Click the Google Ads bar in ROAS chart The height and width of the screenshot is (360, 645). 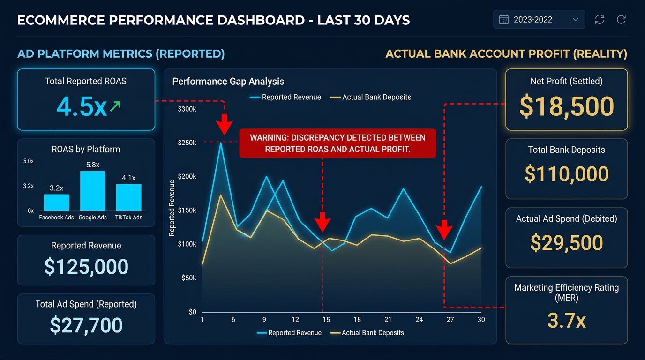(x=93, y=191)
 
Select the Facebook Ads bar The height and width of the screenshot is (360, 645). (x=57, y=202)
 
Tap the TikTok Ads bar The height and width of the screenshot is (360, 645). (x=129, y=197)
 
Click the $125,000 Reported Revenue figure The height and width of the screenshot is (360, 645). (x=86, y=267)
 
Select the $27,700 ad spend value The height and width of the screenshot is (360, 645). (x=86, y=325)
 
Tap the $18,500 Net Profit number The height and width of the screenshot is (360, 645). (x=566, y=106)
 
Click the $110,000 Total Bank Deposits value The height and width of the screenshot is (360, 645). (x=566, y=174)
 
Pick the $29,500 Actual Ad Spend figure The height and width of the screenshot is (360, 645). (x=566, y=243)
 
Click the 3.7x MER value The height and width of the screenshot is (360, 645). (x=566, y=321)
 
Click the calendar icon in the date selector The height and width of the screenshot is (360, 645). (x=504, y=20)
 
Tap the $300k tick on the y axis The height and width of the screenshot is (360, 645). (x=187, y=109)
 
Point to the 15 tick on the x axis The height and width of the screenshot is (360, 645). (x=326, y=320)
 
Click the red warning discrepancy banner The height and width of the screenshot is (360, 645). (x=337, y=143)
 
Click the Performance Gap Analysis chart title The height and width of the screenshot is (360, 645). (x=228, y=82)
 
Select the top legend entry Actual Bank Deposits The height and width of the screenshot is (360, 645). (x=376, y=97)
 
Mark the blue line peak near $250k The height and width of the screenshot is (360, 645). (x=221, y=142)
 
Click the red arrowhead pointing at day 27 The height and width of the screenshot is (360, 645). (x=444, y=232)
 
